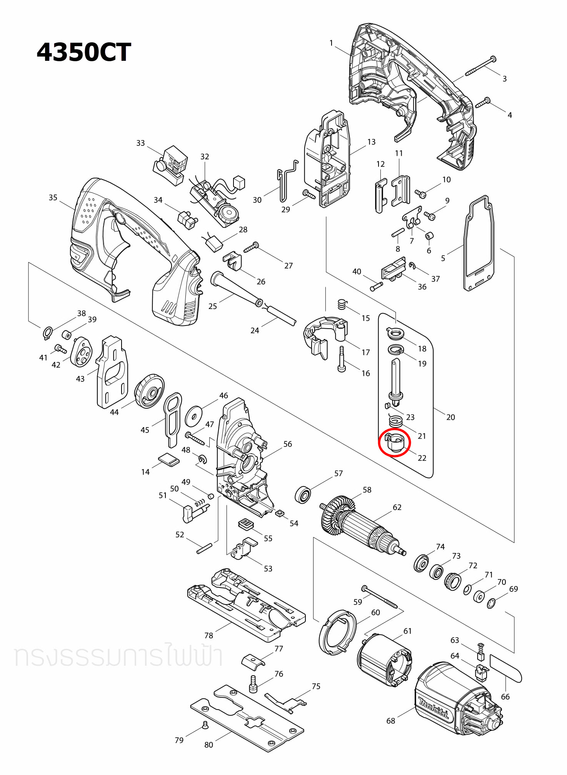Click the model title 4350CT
click(84, 52)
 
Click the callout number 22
click(422, 458)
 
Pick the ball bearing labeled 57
click(303, 495)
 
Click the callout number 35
click(53, 197)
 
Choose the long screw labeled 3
click(480, 66)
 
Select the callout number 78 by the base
click(208, 635)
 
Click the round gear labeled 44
click(149, 391)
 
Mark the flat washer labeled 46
click(193, 416)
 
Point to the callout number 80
click(208, 745)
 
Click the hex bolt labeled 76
click(253, 684)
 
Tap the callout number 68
click(390, 721)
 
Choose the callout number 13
click(371, 142)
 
